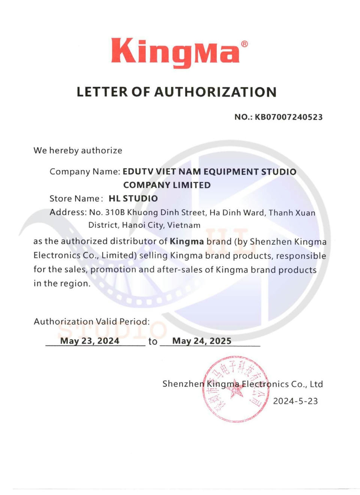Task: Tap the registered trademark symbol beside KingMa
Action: (244, 44)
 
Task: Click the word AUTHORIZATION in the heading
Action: (215, 92)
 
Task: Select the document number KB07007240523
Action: (289, 117)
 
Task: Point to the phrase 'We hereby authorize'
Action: (78, 151)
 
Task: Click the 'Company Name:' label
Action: (85, 172)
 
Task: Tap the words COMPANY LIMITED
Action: (167, 185)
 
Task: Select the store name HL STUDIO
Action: (133, 199)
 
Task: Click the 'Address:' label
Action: (68, 212)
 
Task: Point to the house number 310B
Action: (115, 212)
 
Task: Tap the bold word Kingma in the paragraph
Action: (187, 241)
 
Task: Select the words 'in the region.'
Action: (62, 283)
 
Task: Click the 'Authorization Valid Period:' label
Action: (91, 322)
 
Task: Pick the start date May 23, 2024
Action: (90, 341)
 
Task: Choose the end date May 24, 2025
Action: (202, 341)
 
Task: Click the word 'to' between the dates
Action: (153, 341)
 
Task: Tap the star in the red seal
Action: (236, 391)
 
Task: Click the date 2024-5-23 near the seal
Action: (295, 401)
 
